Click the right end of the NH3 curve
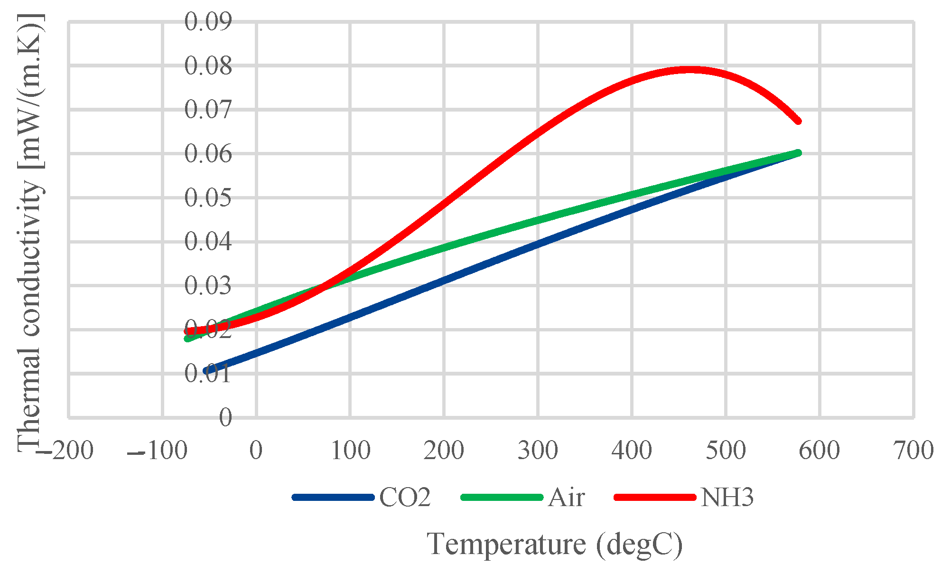[798, 121]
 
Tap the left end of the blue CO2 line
[206, 371]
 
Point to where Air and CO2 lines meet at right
[797, 153]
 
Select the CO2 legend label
[405, 498]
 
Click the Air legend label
[566, 498]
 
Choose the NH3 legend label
[727, 498]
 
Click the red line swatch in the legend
[655, 497]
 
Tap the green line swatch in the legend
[502, 497]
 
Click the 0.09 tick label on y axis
[208, 21]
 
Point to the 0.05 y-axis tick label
[208, 198]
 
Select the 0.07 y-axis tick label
[208, 110]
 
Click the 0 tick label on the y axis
[225, 418]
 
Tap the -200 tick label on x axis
[66, 450]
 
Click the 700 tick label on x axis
[914, 450]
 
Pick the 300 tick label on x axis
[538, 450]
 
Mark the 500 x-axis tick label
[726, 450]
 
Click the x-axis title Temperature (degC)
[555, 544]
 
